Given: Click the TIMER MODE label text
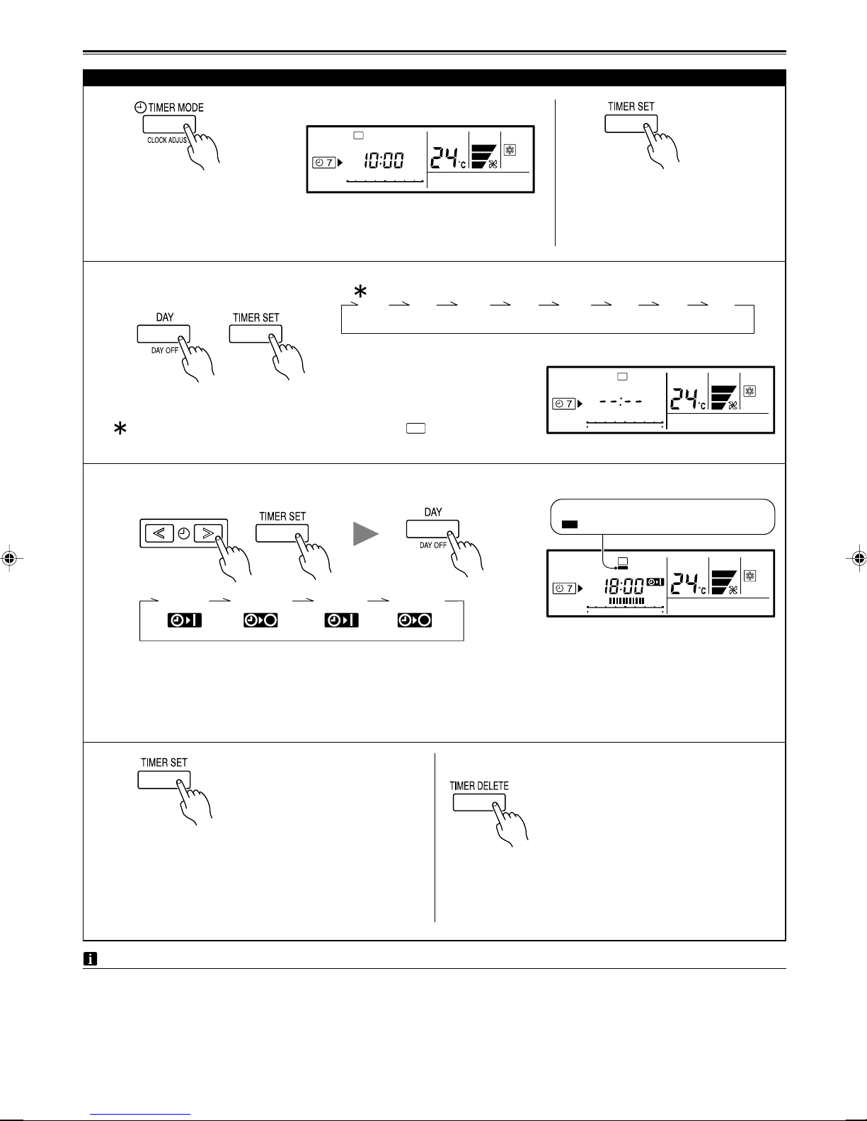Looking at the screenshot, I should [176, 108].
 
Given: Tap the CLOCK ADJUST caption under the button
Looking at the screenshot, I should [168, 140].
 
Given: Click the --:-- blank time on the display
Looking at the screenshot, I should [620, 402].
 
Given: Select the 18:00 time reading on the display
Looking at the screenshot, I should [624, 586].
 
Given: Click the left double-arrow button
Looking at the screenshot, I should [159, 533].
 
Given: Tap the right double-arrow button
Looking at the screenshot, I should [209, 533].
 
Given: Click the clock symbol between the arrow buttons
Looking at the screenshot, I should [184, 533].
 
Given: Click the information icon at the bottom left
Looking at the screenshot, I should [90, 959].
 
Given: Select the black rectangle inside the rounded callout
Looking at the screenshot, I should [570, 524].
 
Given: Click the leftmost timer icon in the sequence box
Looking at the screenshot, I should [185, 620].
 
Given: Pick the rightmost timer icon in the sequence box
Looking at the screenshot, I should [415, 620].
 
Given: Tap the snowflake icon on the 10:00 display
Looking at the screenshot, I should [510, 150].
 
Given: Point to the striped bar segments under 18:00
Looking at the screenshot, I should [626, 600].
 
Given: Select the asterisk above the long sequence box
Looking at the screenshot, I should [360, 291].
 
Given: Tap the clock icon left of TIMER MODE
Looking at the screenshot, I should [140, 108].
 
